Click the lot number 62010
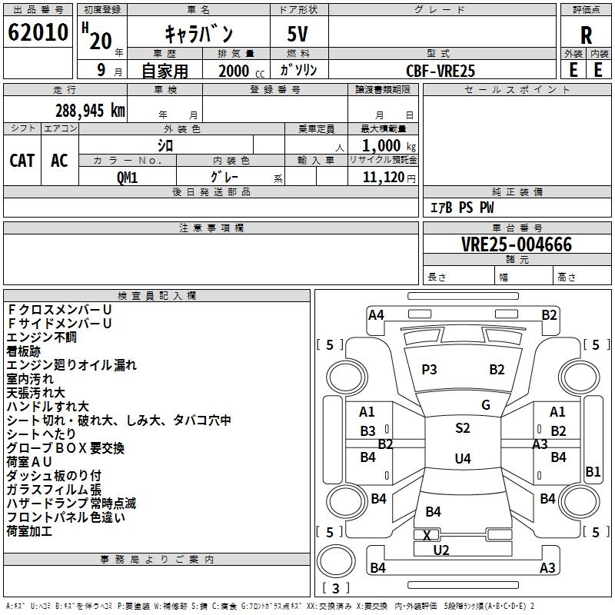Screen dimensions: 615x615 [38, 34]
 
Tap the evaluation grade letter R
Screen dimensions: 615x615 [586, 35]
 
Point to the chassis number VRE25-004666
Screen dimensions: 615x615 [517, 244]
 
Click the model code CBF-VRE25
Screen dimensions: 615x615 [440, 71]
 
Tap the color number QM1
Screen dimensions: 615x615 [128, 176]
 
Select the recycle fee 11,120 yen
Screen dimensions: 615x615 [383, 177]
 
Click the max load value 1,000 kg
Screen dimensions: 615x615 [383, 145]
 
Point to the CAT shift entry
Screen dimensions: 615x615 [22, 160]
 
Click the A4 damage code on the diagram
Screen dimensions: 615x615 [376, 314]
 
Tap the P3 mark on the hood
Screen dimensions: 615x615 [429, 370]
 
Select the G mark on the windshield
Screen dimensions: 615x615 [486, 405]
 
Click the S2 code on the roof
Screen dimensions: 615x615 [462, 428]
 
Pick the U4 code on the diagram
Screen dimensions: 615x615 [462, 459]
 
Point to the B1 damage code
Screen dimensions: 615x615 [593, 473]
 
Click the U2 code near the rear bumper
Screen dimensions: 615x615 [441, 550]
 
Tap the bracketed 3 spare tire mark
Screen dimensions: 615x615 [335, 589]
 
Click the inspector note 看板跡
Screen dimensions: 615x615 [25, 351]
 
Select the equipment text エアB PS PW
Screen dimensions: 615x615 [461, 208]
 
